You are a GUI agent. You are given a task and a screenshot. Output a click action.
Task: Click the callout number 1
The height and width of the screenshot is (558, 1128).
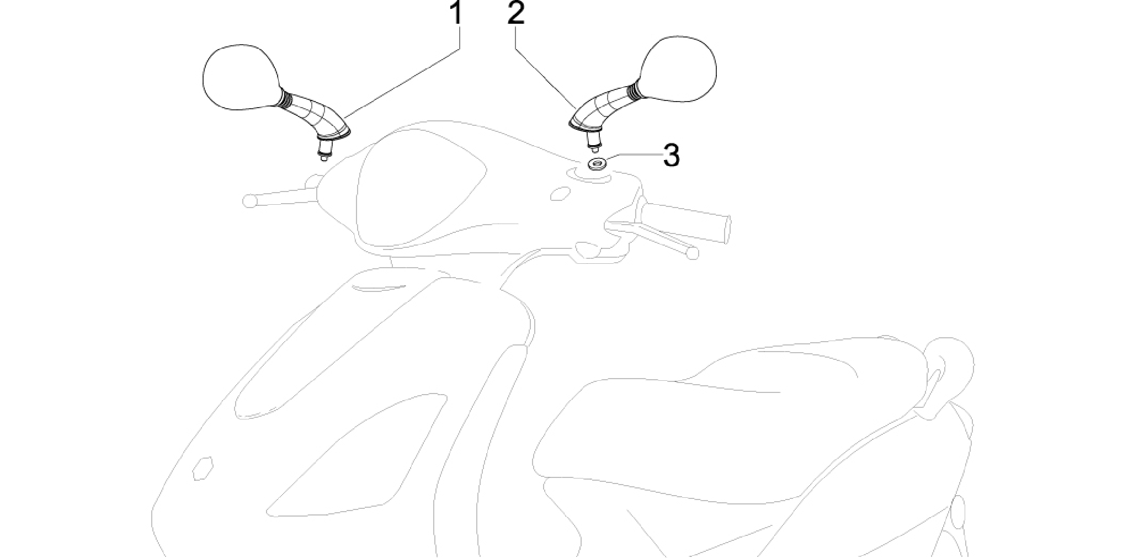pyautogui.click(x=455, y=13)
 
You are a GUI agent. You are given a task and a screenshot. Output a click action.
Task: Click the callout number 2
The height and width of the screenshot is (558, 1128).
pyautogui.click(x=516, y=13)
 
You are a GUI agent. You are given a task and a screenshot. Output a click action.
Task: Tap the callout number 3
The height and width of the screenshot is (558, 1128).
pyautogui.click(x=671, y=155)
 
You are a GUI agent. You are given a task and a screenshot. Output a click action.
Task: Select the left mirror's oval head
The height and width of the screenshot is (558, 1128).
pyautogui.click(x=241, y=76)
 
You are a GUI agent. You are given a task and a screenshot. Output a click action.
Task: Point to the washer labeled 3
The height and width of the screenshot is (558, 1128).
pyautogui.click(x=596, y=163)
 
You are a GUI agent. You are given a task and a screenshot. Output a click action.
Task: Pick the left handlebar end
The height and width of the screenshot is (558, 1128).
pyautogui.click(x=249, y=200)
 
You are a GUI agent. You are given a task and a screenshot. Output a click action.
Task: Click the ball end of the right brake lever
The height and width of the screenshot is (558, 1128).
pyautogui.click(x=692, y=253)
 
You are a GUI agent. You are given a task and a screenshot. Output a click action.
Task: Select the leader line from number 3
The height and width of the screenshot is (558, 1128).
pyautogui.click(x=633, y=156)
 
